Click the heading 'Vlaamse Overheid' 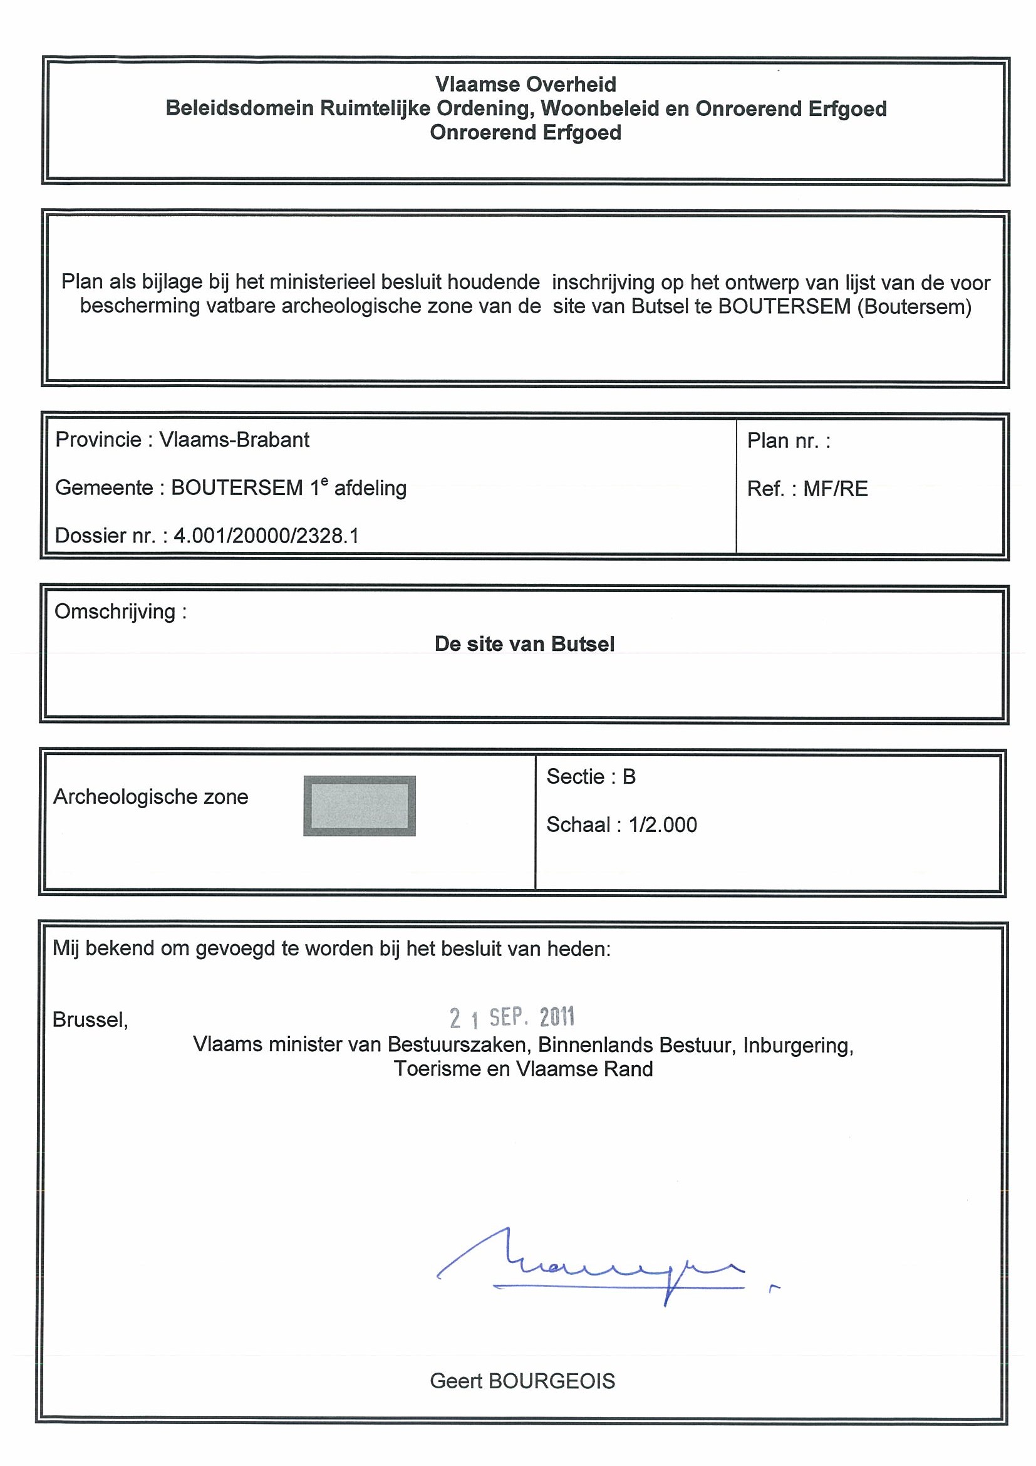526,85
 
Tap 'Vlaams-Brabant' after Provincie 234,440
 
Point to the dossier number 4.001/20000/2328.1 266,536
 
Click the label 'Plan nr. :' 789,441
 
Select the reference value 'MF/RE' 835,489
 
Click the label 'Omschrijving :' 121,611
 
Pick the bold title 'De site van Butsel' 524,644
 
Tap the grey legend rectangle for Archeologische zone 360,806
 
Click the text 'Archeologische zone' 151,797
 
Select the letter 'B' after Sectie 629,777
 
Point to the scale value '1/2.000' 663,825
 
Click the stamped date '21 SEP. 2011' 512,1018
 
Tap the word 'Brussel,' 90,1020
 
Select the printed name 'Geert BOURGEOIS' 522,1381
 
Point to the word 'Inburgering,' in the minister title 798,1045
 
